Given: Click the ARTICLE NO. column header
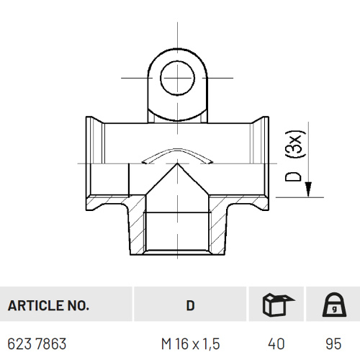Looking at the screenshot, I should (49, 305).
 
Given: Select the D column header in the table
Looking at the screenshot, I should (190, 305).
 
